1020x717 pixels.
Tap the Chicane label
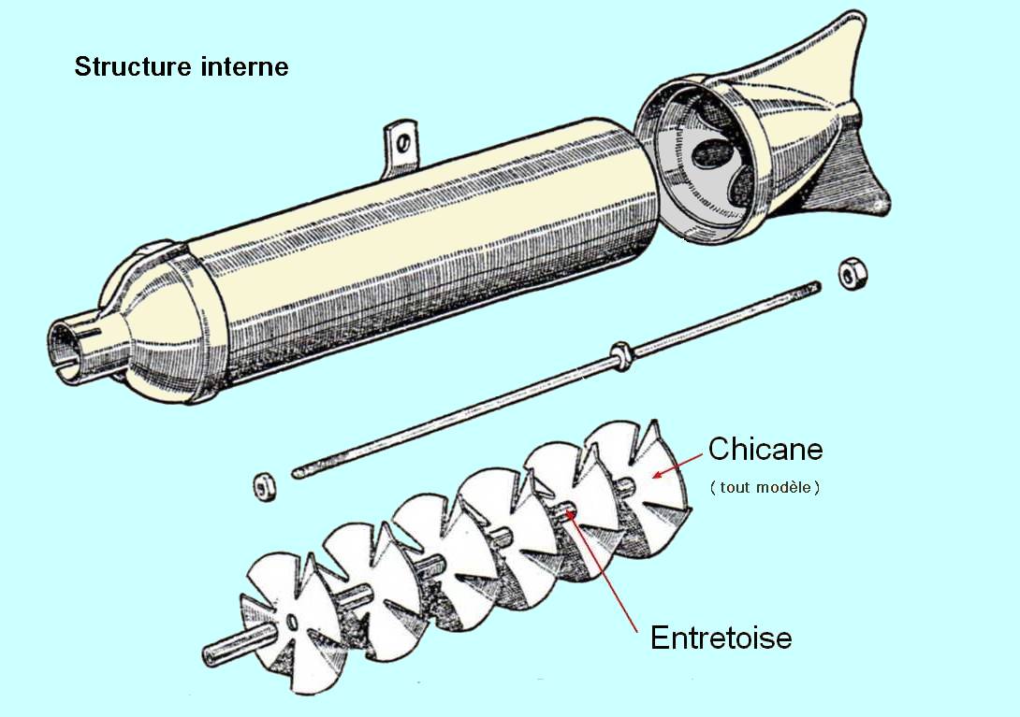[765, 449]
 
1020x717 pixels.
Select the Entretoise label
[721, 638]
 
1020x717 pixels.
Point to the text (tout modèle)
[765, 487]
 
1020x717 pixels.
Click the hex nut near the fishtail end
[852, 273]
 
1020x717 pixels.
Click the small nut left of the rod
[264, 485]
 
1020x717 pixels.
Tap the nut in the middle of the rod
[619, 352]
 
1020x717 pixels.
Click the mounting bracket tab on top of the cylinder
[401, 146]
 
